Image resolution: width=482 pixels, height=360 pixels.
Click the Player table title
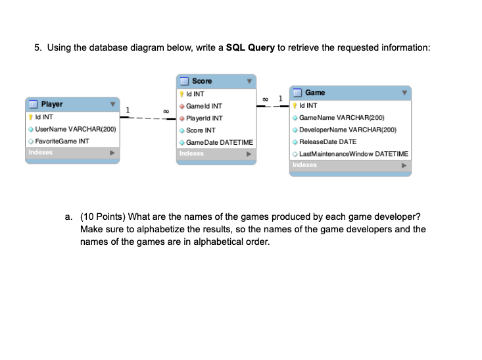pyautogui.click(x=53, y=104)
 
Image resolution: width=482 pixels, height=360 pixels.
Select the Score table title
pyautogui.click(x=202, y=81)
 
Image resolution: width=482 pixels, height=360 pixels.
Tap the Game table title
pyautogui.click(x=315, y=93)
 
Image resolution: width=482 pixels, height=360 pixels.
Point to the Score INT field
pyautogui.click(x=201, y=130)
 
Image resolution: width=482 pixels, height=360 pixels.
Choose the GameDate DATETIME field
pyautogui.click(x=219, y=142)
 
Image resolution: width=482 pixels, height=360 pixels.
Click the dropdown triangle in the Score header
pyautogui.click(x=249, y=82)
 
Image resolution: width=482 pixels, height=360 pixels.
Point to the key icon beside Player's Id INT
pyautogui.click(x=31, y=117)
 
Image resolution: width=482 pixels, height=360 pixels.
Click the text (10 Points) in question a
pyautogui.click(x=103, y=217)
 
